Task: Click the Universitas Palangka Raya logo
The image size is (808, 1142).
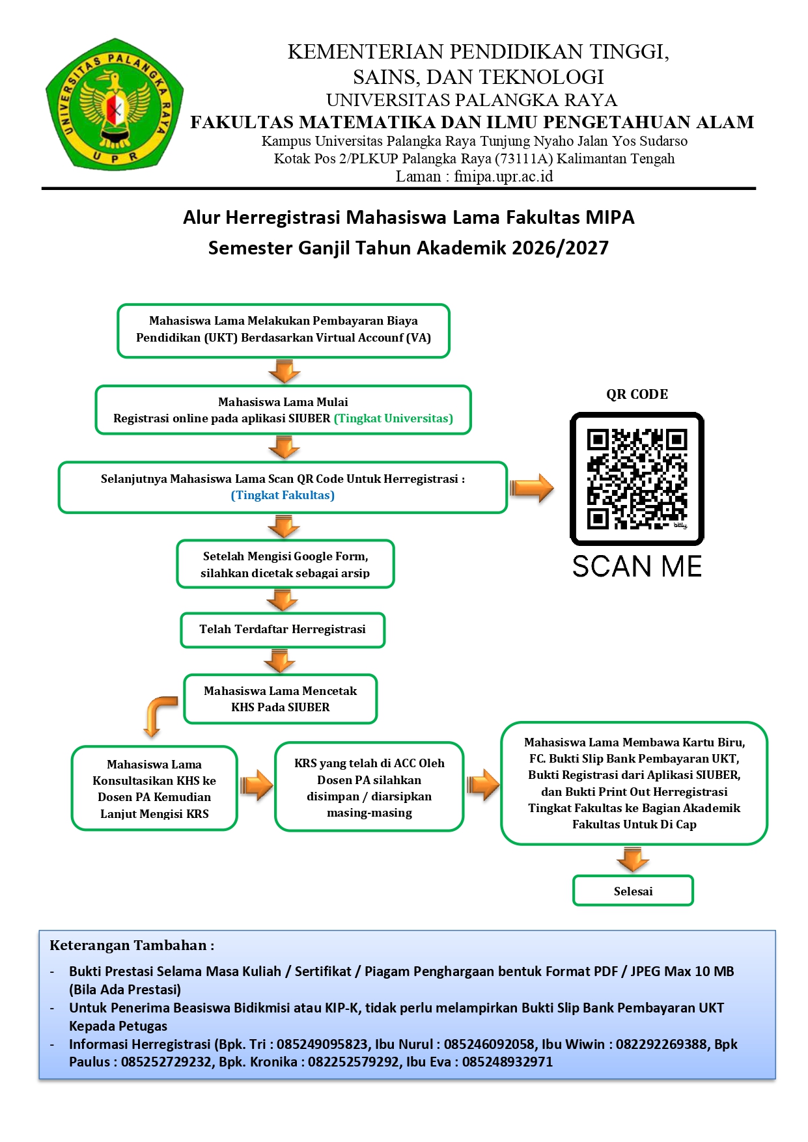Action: click(x=115, y=104)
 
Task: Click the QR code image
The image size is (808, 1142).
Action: click(x=637, y=478)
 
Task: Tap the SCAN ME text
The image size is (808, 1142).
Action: click(x=637, y=566)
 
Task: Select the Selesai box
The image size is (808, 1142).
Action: click(x=633, y=891)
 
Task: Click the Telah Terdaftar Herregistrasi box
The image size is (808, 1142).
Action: click(x=283, y=630)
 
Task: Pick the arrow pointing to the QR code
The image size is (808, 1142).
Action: click(x=531, y=487)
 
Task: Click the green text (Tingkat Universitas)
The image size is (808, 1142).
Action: click(x=393, y=418)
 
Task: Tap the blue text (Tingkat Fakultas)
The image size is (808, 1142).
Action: click(x=283, y=495)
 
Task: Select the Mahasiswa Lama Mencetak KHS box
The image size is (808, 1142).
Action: click(x=281, y=699)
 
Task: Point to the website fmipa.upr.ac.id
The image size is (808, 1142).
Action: click(x=503, y=176)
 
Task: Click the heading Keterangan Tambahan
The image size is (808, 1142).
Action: click(x=132, y=945)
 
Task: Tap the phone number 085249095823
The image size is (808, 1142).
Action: click(x=322, y=1044)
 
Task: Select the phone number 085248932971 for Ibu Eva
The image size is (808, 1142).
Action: click(x=507, y=1062)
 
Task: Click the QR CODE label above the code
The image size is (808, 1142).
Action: click(x=637, y=394)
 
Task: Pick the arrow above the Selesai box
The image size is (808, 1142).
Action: click(x=633, y=860)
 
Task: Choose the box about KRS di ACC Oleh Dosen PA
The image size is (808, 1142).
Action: click(x=369, y=787)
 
